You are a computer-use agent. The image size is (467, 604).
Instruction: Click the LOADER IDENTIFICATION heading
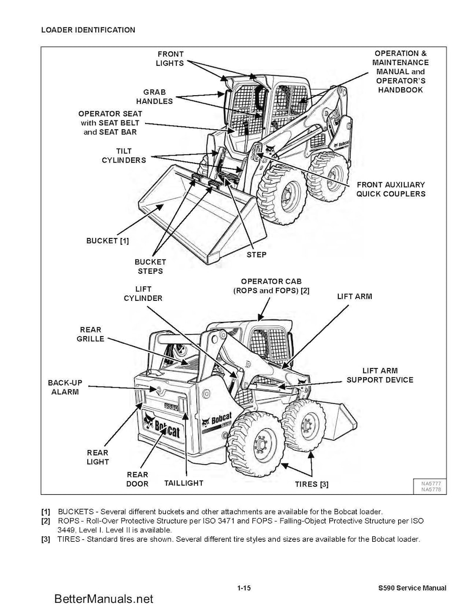[88, 30]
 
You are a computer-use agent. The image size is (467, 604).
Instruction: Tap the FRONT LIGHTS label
[170, 59]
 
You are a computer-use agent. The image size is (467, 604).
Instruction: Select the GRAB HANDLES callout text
[155, 97]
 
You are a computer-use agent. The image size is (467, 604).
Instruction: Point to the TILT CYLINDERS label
[124, 156]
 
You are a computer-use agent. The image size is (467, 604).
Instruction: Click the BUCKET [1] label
[108, 240]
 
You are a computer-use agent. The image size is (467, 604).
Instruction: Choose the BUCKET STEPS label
[151, 266]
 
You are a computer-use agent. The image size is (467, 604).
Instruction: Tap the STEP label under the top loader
[256, 254]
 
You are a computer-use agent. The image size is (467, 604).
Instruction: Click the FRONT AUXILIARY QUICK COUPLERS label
[391, 189]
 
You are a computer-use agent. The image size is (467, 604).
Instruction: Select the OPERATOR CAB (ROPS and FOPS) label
[271, 286]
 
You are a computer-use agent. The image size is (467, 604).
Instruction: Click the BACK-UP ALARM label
[65, 387]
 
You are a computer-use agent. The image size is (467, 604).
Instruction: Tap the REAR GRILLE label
[90, 334]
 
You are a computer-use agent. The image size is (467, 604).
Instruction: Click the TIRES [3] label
[311, 484]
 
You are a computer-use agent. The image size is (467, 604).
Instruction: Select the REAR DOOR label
[138, 479]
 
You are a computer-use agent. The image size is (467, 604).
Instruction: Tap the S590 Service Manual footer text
[412, 588]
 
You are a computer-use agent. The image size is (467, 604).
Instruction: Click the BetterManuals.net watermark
[104, 598]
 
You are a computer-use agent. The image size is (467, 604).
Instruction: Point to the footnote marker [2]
[46, 521]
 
